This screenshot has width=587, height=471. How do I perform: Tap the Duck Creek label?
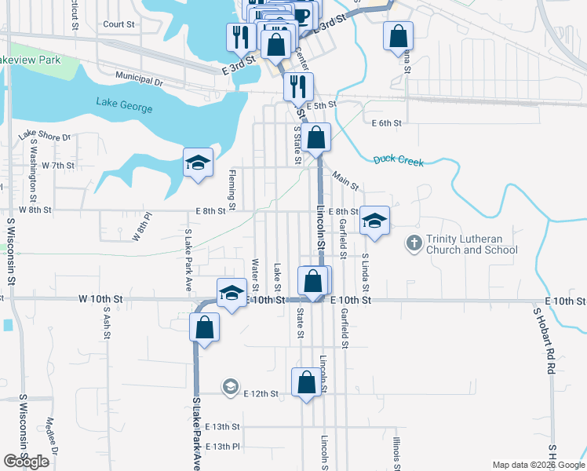click(x=398, y=161)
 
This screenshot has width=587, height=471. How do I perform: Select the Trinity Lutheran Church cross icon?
click(x=414, y=244)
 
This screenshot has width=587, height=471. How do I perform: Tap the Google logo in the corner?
click(x=26, y=462)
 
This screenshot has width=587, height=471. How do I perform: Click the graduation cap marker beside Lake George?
click(x=198, y=163)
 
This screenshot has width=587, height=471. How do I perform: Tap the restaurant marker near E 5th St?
click(x=297, y=86)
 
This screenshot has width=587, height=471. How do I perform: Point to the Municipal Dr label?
click(x=138, y=80)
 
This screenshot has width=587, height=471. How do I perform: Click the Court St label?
click(x=119, y=24)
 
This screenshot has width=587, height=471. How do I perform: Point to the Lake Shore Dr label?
click(x=45, y=136)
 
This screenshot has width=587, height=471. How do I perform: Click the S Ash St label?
click(x=107, y=323)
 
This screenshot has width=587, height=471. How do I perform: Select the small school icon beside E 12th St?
click(x=230, y=386)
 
